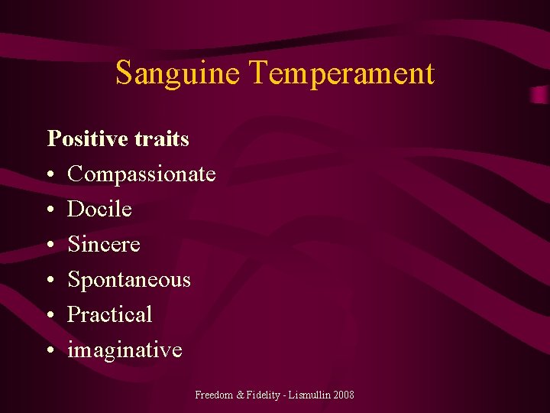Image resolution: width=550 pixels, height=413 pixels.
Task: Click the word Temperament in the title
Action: [341, 73]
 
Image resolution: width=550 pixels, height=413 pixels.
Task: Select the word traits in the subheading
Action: [163, 138]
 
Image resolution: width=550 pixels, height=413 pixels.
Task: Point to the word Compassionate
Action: [141, 174]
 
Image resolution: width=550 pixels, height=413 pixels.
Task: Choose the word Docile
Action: [99, 209]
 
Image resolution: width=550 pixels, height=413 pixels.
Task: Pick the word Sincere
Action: [104, 244]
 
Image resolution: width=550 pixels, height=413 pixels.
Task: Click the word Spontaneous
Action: [129, 280]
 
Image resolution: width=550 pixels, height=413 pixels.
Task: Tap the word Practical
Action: [110, 314]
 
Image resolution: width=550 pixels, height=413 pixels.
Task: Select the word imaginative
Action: [125, 350]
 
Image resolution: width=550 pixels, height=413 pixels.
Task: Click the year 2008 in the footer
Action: [344, 395]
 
